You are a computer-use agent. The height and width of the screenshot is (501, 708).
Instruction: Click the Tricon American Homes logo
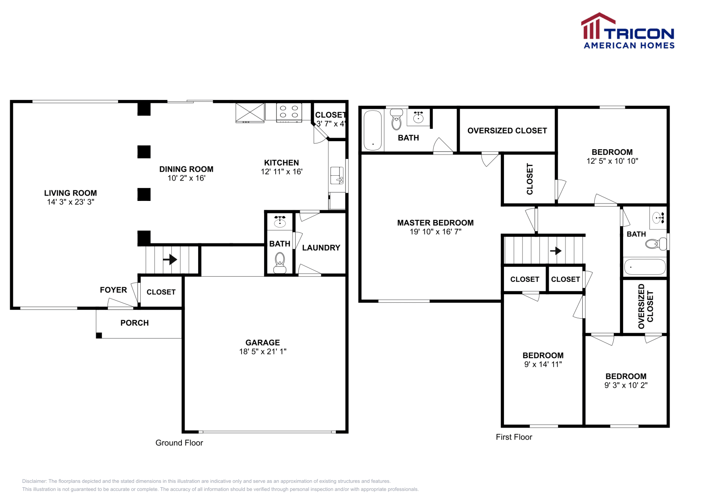click(x=627, y=31)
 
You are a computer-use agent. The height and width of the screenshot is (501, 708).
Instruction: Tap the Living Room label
click(x=70, y=193)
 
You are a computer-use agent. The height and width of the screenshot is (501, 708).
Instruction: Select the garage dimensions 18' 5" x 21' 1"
click(x=263, y=351)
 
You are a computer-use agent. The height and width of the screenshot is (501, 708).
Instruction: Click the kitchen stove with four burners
click(x=289, y=112)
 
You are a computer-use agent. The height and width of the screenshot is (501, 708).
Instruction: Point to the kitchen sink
click(x=337, y=175)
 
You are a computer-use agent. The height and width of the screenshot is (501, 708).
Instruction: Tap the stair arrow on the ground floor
click(x=170, y=259)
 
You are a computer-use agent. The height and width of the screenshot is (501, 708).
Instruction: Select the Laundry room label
click(x=321, y=248)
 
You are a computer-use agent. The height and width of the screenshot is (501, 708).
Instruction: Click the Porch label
click(x=135, y=323)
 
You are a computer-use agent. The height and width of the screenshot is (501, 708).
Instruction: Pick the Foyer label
click(x=113, y=290)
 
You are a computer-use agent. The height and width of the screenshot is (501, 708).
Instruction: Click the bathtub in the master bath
click(x=373, y=130)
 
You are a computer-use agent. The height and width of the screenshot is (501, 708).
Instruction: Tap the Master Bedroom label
click(x=435, y=223)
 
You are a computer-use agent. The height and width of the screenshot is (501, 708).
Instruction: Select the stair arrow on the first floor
click(x=556, y=250)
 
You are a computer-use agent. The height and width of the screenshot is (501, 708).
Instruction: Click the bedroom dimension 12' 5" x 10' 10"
click(x=612, y=161)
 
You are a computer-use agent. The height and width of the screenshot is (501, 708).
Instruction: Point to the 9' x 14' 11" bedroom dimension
click(x=543, y=364)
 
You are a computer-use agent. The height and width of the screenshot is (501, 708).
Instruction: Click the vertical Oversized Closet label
click(x=645, y=306)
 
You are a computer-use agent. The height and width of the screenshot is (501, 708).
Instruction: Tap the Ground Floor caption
click(x=179, y=443)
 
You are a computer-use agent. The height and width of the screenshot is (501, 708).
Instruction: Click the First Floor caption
click(x=514, y=437)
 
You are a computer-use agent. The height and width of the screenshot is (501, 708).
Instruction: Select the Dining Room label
click(x=186, y=169)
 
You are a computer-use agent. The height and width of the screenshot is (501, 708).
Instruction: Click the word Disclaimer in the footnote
click(x=34, y=481)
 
